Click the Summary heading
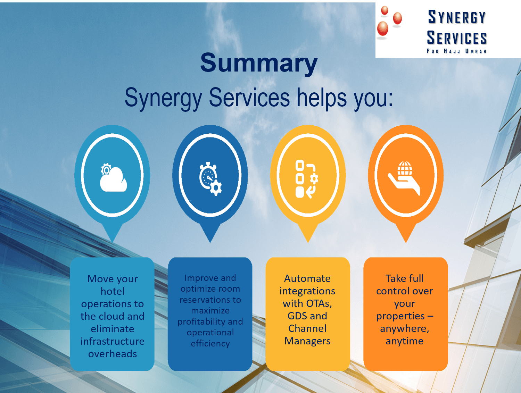tap(259, 62)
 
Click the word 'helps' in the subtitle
tap(322, 98)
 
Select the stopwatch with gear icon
tap(210, 178)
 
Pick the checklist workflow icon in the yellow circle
tap(307, 179)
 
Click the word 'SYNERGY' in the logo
tap(457, 17)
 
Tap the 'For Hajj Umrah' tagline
tap(456, 51)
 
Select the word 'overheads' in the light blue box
tap(113, 354)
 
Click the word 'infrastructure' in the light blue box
tap(113, 341)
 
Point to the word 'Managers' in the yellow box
tap(307, 341)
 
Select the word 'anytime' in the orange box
tap(404, 341)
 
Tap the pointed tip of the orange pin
tap(406, 243)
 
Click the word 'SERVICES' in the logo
tap(457, 38)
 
